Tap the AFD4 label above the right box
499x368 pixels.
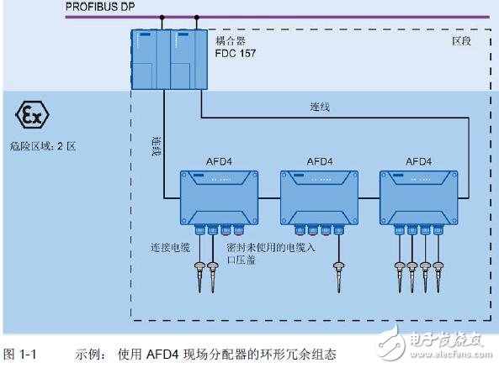tap(419, 160)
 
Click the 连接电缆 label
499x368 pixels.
tap(172, 248)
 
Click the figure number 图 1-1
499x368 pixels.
tap(21, 355)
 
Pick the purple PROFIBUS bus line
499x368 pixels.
tap(337, 17)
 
